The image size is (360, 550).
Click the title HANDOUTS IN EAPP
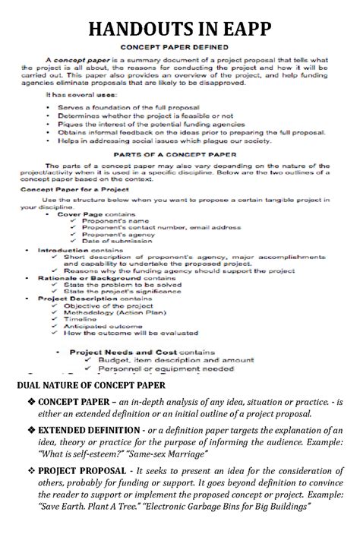(x=180, y=31)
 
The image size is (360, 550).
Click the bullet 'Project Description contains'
(x=93, y=299)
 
